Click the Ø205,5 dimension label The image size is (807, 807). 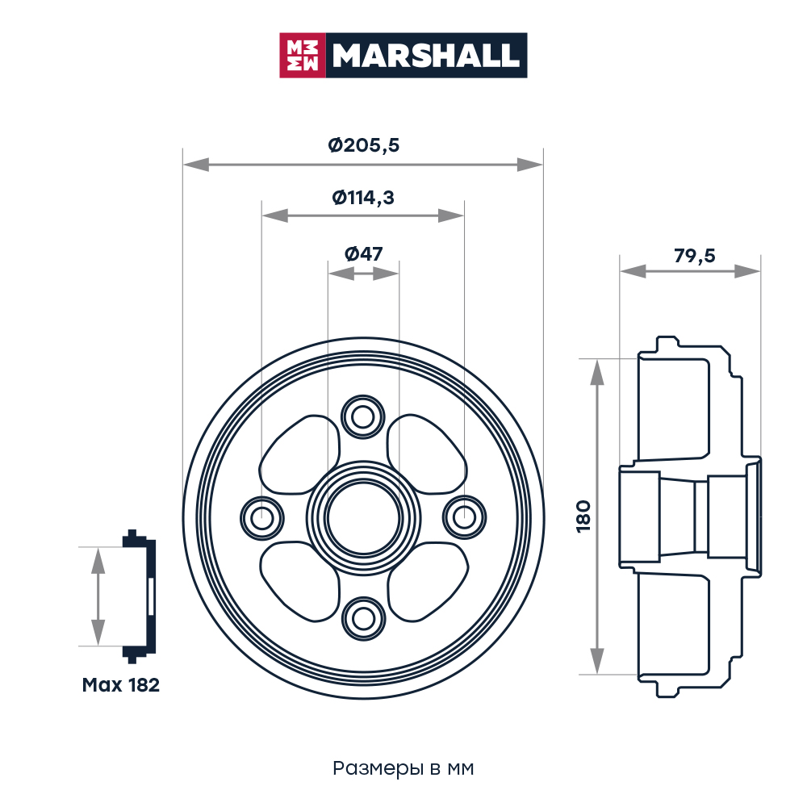363,145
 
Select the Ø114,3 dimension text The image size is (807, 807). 363,197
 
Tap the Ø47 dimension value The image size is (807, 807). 363,253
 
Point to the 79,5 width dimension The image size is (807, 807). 694,256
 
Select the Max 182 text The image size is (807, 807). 121,686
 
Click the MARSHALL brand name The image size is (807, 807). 426,55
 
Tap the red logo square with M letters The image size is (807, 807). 303,55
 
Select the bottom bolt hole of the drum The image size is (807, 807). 359,617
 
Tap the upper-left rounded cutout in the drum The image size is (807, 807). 299,456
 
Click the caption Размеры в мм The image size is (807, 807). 403,768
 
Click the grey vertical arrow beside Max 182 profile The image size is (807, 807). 98,596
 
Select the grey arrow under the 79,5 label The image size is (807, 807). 690,273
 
